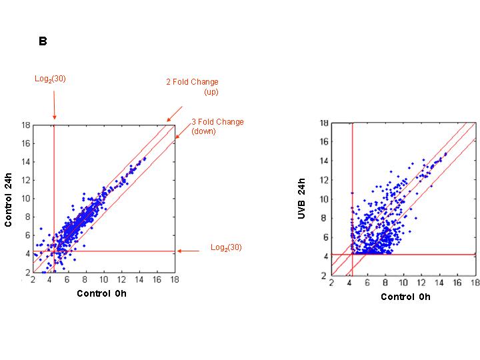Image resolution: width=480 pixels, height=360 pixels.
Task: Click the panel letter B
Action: (43, 41)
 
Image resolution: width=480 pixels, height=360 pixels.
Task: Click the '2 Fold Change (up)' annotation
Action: (192, 87)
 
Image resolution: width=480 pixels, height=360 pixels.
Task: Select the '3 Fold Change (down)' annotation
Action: (217, 127)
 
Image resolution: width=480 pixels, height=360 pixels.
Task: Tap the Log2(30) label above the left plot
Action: (51, 79)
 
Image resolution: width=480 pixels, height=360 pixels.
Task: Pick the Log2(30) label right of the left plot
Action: (226, 247)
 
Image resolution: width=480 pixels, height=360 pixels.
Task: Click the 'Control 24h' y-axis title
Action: (9, 199)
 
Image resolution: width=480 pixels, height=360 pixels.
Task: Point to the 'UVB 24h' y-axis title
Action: (303, 199)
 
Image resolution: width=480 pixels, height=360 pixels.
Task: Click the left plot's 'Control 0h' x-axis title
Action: (101, 293)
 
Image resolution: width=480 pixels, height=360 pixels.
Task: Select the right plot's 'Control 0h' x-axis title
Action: (405, 297)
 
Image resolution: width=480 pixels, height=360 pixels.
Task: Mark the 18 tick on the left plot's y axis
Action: (25, 125)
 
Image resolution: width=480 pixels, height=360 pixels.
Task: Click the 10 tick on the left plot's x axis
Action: (104, 281)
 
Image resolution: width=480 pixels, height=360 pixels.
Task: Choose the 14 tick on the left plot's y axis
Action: (25, 161)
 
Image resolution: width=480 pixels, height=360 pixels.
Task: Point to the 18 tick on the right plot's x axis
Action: (474, 284)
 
